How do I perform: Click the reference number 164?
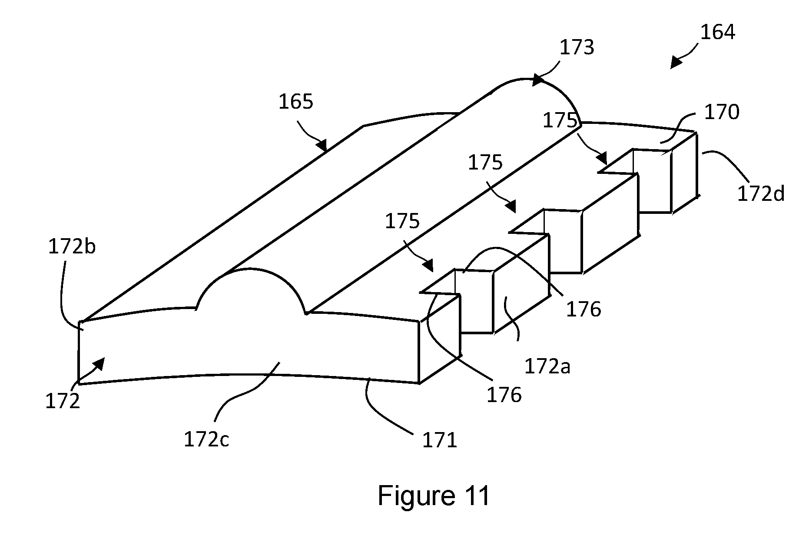point(718,32)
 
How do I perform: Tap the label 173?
point(577,48)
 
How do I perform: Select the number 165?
point(295,102)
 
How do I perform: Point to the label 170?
point(722,112)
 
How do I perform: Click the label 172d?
point(761,193)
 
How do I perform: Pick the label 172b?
point(72,246)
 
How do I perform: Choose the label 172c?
point(206,439)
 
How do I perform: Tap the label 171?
point(440,441)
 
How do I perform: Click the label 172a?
point(547,367)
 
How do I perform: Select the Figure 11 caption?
point(434,496)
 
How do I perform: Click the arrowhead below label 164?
point(676,63)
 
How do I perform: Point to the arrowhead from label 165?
point(322,145)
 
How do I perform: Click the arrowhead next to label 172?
point(99,363)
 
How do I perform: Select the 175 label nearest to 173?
point(560,121)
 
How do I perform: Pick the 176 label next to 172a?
point(584,309)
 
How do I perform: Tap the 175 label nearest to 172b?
point(402,221)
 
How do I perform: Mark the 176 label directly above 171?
point(504,395)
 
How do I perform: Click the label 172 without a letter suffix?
point(63,402)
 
